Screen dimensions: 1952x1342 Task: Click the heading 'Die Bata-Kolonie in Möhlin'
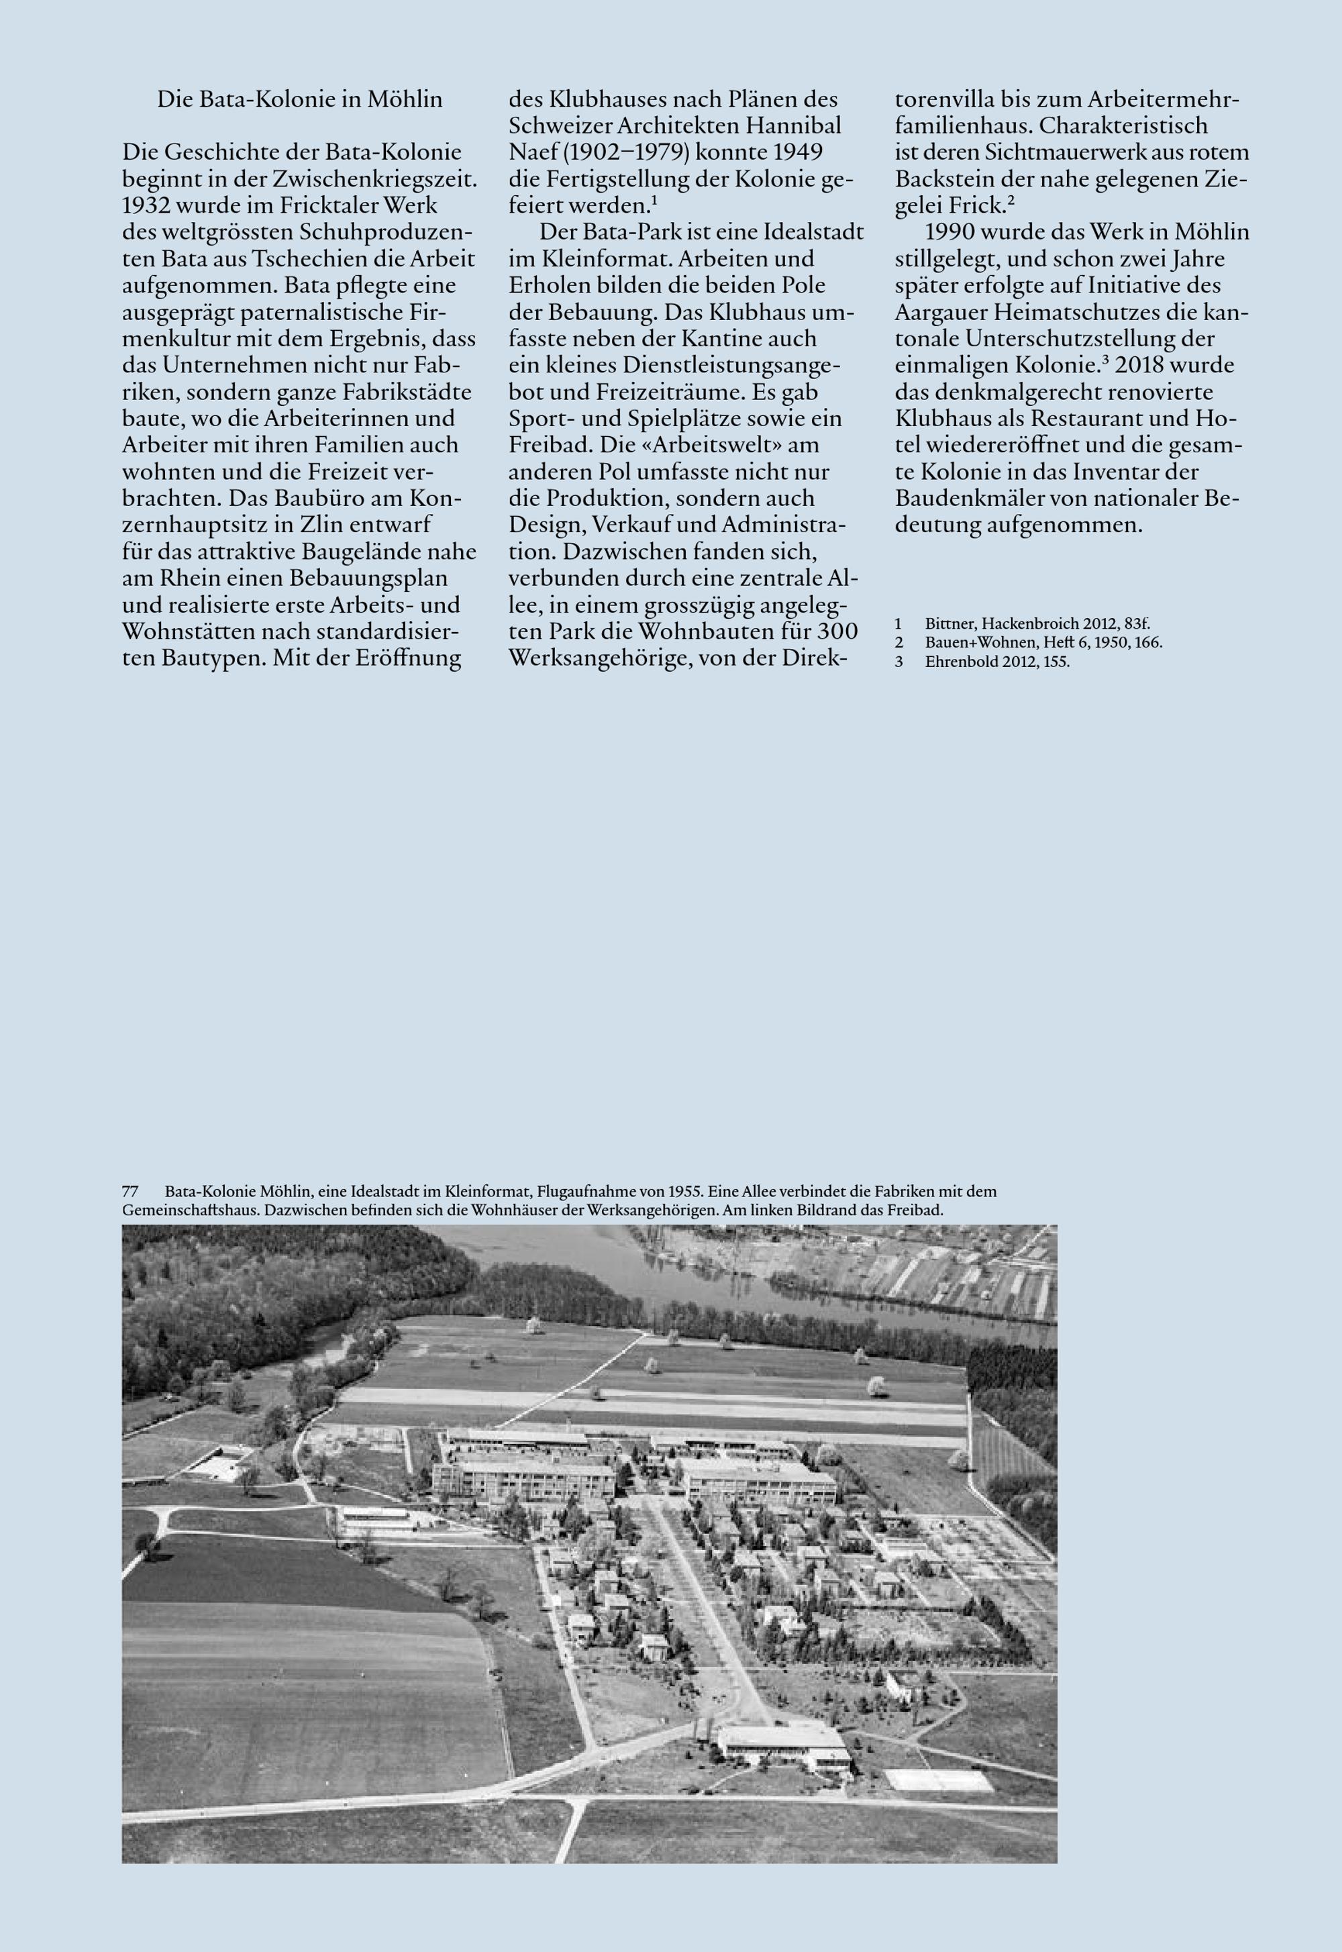[x=299, y=99]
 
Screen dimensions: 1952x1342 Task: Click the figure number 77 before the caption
[x=130, y=1191]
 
